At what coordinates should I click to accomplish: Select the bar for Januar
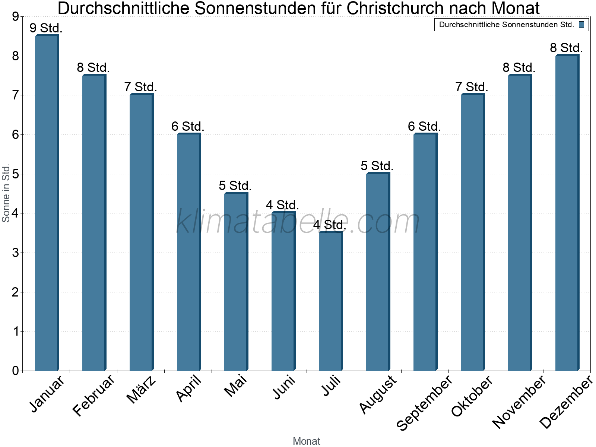coord(47,203)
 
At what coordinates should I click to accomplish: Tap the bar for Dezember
coord(567,213)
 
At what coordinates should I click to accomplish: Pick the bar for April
coord(188,252)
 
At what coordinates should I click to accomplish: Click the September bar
coord(425,252)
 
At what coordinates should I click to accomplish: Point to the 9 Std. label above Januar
coord(46,28)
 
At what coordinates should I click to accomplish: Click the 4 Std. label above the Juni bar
coord(282,205)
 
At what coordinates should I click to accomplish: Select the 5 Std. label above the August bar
coord(377,166)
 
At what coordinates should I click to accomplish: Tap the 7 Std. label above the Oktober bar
coord(472,87)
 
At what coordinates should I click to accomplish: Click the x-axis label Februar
coord(93,396)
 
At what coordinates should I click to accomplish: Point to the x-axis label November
coord(519,402)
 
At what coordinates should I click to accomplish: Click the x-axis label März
coord(141,390)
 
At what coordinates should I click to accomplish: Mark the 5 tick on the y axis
coord(15,174)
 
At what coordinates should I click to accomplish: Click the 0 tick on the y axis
coord(15,371)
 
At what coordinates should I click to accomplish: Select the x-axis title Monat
coord(306,441)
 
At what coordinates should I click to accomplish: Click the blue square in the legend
coord(581,25)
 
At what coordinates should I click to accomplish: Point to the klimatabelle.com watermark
coord(298,222)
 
